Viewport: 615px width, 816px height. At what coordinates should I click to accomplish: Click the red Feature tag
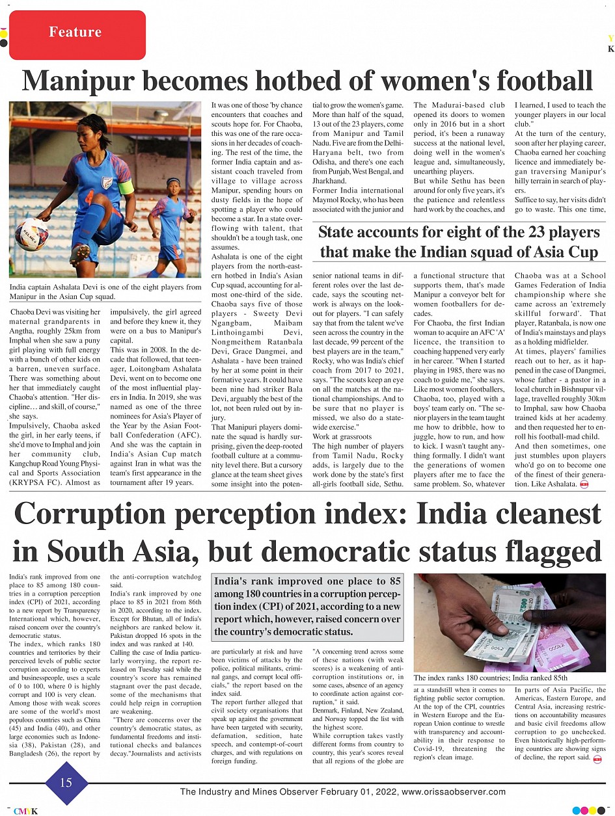pyautogui.click(x=75, y=33)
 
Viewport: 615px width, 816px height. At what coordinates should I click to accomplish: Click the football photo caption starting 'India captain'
pyautogui.click(x=105, y=291)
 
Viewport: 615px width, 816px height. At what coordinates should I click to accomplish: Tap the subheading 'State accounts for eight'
pyautogui.click(x=459, y=242)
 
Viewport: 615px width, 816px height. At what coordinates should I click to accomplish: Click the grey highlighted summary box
pyautogui.click(x=307, y=606)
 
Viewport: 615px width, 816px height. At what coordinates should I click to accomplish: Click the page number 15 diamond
pyautogui.click(x=66, y=782)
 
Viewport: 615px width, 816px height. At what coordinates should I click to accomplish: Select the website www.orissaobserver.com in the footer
pyautogui.click(x=454, y=791)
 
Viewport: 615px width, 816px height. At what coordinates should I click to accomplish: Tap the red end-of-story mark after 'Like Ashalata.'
pyautogui.click(x=584, y=485)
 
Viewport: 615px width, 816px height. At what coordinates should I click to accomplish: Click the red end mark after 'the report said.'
pyautogui.click(x=597, y=759)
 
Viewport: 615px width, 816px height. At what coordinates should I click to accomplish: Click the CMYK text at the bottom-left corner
pyautogui.click(x=26, y=811)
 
